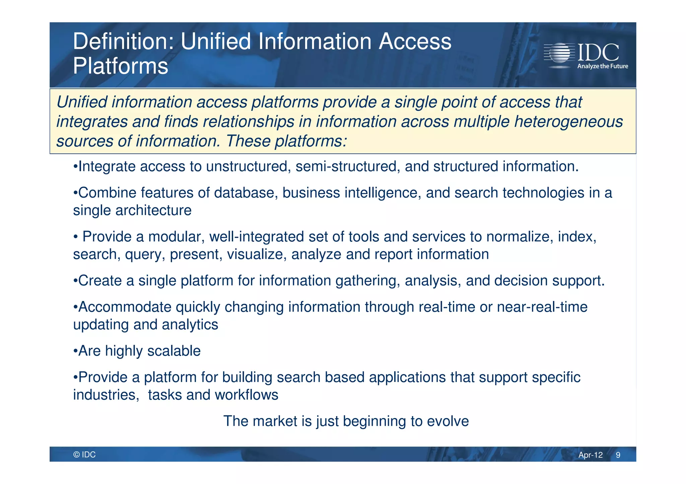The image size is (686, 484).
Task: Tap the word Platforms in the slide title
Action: [x=121, y=66]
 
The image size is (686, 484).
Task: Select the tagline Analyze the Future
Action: [x=602, y=66]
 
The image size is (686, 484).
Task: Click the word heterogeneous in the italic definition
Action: [x=568, y=121]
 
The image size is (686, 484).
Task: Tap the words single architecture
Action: [x=132, y=210]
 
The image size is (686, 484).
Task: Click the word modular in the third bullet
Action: [x=177, y=237]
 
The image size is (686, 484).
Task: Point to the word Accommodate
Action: [x=125, y=307]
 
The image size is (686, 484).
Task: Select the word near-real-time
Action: [x=542, y=307]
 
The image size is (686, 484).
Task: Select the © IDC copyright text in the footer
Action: [x=84, y=455]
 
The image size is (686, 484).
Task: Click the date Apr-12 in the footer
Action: [x=590, y=455]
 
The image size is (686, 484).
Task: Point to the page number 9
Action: [x=618, y=455]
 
